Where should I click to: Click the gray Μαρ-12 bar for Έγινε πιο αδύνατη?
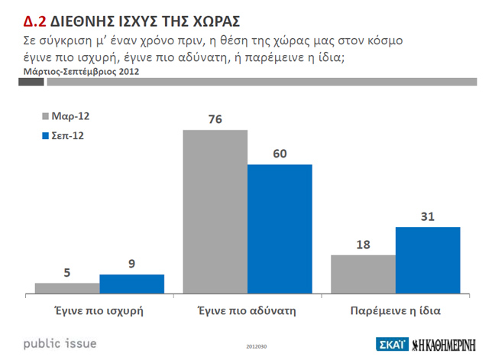(215, 211)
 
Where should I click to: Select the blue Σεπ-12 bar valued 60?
(280, 228)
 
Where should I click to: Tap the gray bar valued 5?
(67, 287)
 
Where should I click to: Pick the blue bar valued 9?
(132, 283)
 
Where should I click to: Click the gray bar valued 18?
(363, 273)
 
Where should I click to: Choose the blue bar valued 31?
(428, 259)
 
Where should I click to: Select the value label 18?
(363, 245)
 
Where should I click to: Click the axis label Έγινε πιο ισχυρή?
(99, 310)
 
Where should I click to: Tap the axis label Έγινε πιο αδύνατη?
(247, 310)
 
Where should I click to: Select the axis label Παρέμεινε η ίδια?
(396, 310)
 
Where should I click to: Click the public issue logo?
(60, 342)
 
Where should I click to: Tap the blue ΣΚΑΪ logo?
(393, 343)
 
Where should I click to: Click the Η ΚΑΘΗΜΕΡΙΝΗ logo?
(447, 343)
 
